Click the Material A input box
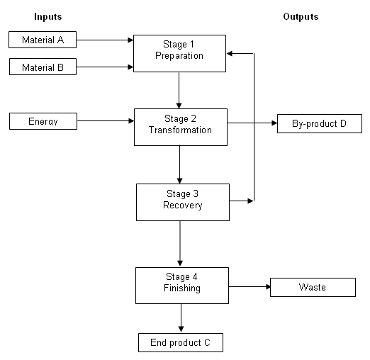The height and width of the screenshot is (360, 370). click(x=43, y=40)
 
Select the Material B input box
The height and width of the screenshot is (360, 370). click(x=43, y=67)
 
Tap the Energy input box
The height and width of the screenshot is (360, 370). click(x=43, y=121)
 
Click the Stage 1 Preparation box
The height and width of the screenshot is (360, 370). click(x=179, y=53)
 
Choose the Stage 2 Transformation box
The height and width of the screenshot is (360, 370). click(x=181, y=127)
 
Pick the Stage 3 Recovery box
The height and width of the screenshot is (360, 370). click(x=183, y=203)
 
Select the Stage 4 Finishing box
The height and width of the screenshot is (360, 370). click(x=182, y=286)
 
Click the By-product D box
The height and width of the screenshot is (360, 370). click(x=320, y=123)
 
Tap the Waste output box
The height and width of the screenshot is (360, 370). click(x=313, y=287)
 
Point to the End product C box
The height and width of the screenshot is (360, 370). click(x=181, y=342)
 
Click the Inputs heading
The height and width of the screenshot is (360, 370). click(x=48, y=16)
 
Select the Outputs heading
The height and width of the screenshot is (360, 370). click(x=301, y=16)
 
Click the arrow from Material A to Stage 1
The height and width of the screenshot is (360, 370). click(x=105, y=40)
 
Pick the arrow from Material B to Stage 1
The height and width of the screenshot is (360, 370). click(x=105, y=67)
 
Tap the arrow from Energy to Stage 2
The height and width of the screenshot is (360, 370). click(x=106, y=121)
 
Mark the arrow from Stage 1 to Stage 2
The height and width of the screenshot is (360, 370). click(x=179, y=90)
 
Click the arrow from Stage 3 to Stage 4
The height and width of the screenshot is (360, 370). click(x=180, y=243)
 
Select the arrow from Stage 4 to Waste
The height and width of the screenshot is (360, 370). click(x=250, y=287)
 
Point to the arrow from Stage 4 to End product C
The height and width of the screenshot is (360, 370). click(x=181, y=318)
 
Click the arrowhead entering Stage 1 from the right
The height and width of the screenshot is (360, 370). click(x=229, y=54)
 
